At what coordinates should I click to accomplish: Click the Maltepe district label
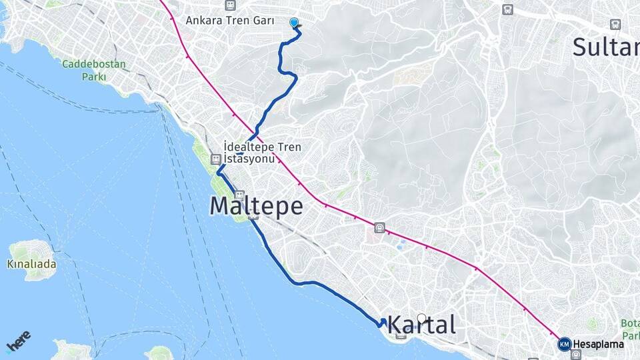pos(256,205)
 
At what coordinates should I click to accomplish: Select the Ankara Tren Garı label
pos(230,21)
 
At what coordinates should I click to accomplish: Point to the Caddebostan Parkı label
pos(94,70)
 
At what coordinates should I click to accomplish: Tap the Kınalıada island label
pos(33,264)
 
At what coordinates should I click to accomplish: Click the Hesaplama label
pos(599,344)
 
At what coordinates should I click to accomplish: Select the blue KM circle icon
pos(565,344)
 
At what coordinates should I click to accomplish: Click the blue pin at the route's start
pos(294,22)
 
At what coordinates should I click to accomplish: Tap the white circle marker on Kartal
pos(421,318)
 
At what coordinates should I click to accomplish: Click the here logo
pos(18,341)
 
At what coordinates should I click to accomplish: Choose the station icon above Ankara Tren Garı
pos(230,5)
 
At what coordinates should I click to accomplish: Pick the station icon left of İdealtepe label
pos(215,159)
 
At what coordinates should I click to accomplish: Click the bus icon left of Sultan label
pos(508,10)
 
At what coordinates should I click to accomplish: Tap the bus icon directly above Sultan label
pos(615,25)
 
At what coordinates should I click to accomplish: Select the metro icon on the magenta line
pos(379,227)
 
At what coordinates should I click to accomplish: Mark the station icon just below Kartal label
pos(401,335)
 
